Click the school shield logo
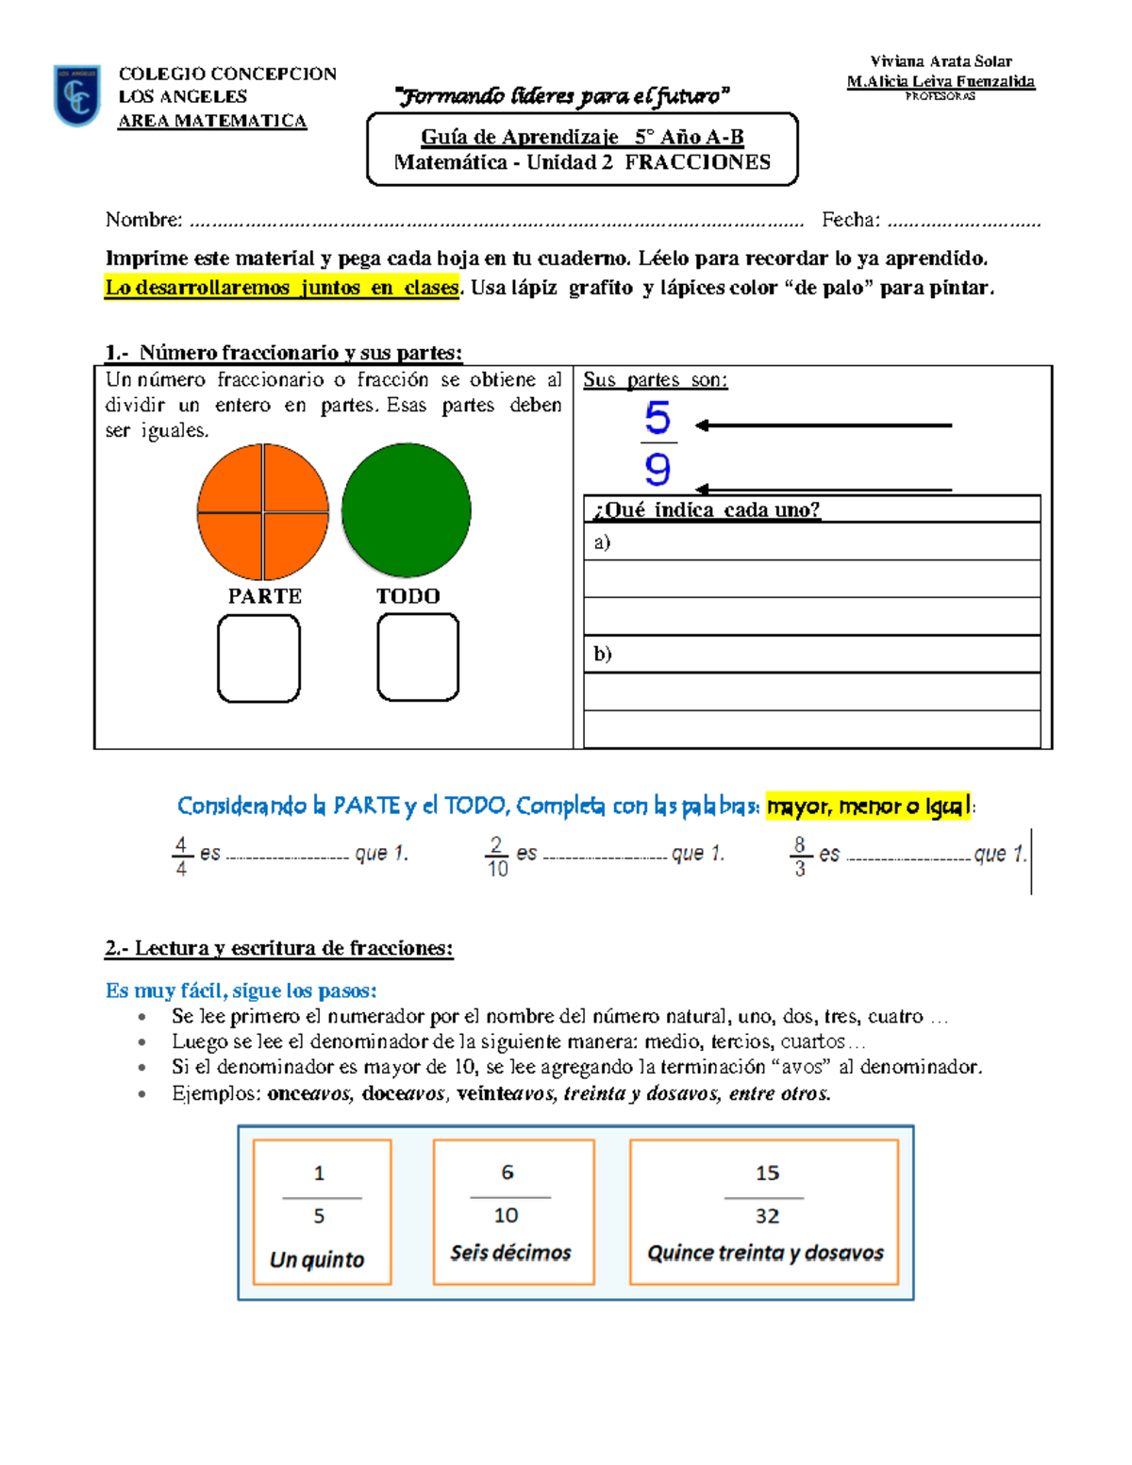(76, 95)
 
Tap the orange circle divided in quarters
(262, 512)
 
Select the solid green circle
(406, 510)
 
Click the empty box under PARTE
(258, 658)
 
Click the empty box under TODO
(418, 658)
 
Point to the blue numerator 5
(658, 418)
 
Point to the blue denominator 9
(658, 469)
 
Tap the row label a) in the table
(602, 542)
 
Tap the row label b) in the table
(602, 654)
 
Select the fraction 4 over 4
(181, 857)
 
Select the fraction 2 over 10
(497, 857)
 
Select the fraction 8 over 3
(799, 857)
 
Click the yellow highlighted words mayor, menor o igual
(867, 807)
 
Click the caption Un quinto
(317, 1259)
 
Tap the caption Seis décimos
(510, 1253)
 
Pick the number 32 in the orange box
(767, 1217)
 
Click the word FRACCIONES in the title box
(697, 162)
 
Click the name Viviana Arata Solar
(941, 61)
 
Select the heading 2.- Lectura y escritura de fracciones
(279, 948)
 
